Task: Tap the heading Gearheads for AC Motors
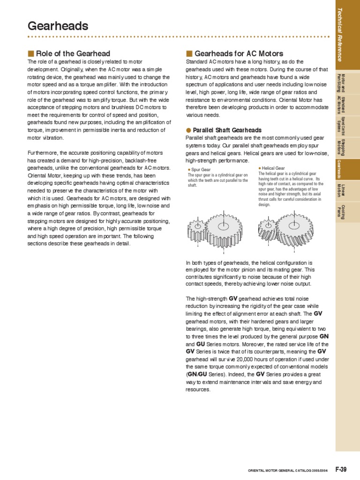[238, 53]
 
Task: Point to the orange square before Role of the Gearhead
[31, 53]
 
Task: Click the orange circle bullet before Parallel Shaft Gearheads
[188, 130]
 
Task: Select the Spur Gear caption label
[200, 170]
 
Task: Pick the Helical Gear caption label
[273, 168]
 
